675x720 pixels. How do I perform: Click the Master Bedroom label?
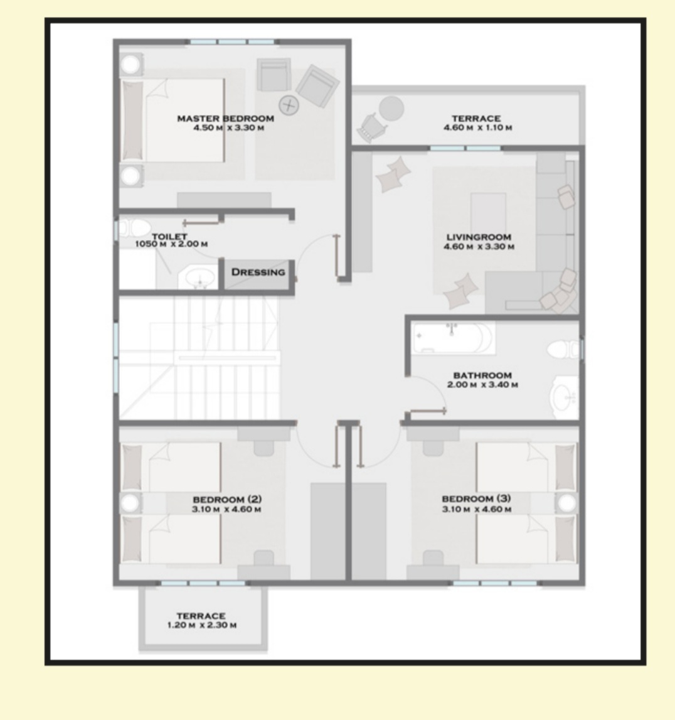click(226, 119)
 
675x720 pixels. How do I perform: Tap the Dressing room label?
click(258, 272)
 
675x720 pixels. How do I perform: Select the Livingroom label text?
click(479, 237)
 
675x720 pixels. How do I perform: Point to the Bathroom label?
click(482, 375)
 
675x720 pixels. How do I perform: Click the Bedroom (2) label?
click(227, 499)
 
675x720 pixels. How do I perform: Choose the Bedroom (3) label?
click(476, 498)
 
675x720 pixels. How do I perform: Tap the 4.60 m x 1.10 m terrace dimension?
click(477, 127)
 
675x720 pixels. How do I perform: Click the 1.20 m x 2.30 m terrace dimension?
click(202, 625)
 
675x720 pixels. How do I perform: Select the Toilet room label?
click(169, 236)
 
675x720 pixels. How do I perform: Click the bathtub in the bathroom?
click(454, 338)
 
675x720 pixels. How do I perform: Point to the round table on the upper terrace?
click(391, 109)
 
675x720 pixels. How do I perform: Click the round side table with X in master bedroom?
click(289, 105)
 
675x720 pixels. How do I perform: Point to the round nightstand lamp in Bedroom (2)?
click(130, 503)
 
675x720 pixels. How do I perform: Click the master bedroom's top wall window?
click(233, 42)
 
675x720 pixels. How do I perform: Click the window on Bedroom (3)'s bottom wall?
click(496, 583)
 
